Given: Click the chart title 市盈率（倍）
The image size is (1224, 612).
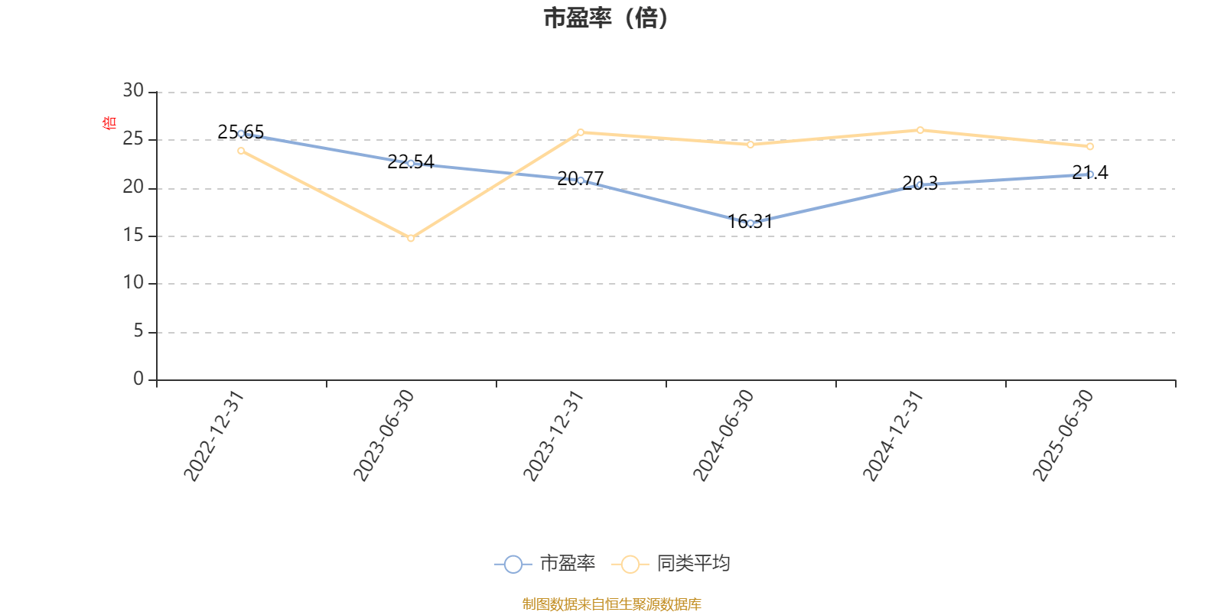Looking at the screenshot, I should click(606, 18).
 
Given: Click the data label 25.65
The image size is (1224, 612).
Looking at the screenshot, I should click(240, 132).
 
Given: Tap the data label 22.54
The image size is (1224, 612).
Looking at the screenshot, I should click(410, 161).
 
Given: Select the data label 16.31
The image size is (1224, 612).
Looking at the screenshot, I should click(750, 222).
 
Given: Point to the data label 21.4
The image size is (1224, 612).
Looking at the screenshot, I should click(1089, 173).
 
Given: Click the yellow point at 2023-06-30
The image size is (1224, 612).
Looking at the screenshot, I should click(411, 238).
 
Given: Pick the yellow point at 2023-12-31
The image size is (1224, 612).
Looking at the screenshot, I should click(581, 132).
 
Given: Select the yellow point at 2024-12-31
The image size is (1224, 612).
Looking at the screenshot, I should click(920, 130).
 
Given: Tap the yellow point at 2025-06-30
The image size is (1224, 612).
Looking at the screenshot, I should click(1090, 146).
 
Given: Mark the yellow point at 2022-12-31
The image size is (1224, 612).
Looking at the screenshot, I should click(241, 151).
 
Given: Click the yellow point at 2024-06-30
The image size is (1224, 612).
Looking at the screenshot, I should click(750, 144).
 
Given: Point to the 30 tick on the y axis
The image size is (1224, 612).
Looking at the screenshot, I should click(133, 91).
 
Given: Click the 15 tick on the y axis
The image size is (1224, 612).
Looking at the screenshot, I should click(133, 236).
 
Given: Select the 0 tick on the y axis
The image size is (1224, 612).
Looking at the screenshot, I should click(138, 379).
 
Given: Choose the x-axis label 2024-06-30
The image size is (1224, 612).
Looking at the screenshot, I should click(724, 436).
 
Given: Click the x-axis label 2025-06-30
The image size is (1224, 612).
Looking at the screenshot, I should click(1063, 436).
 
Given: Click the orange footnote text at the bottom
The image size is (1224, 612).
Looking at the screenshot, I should click(611, 604).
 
